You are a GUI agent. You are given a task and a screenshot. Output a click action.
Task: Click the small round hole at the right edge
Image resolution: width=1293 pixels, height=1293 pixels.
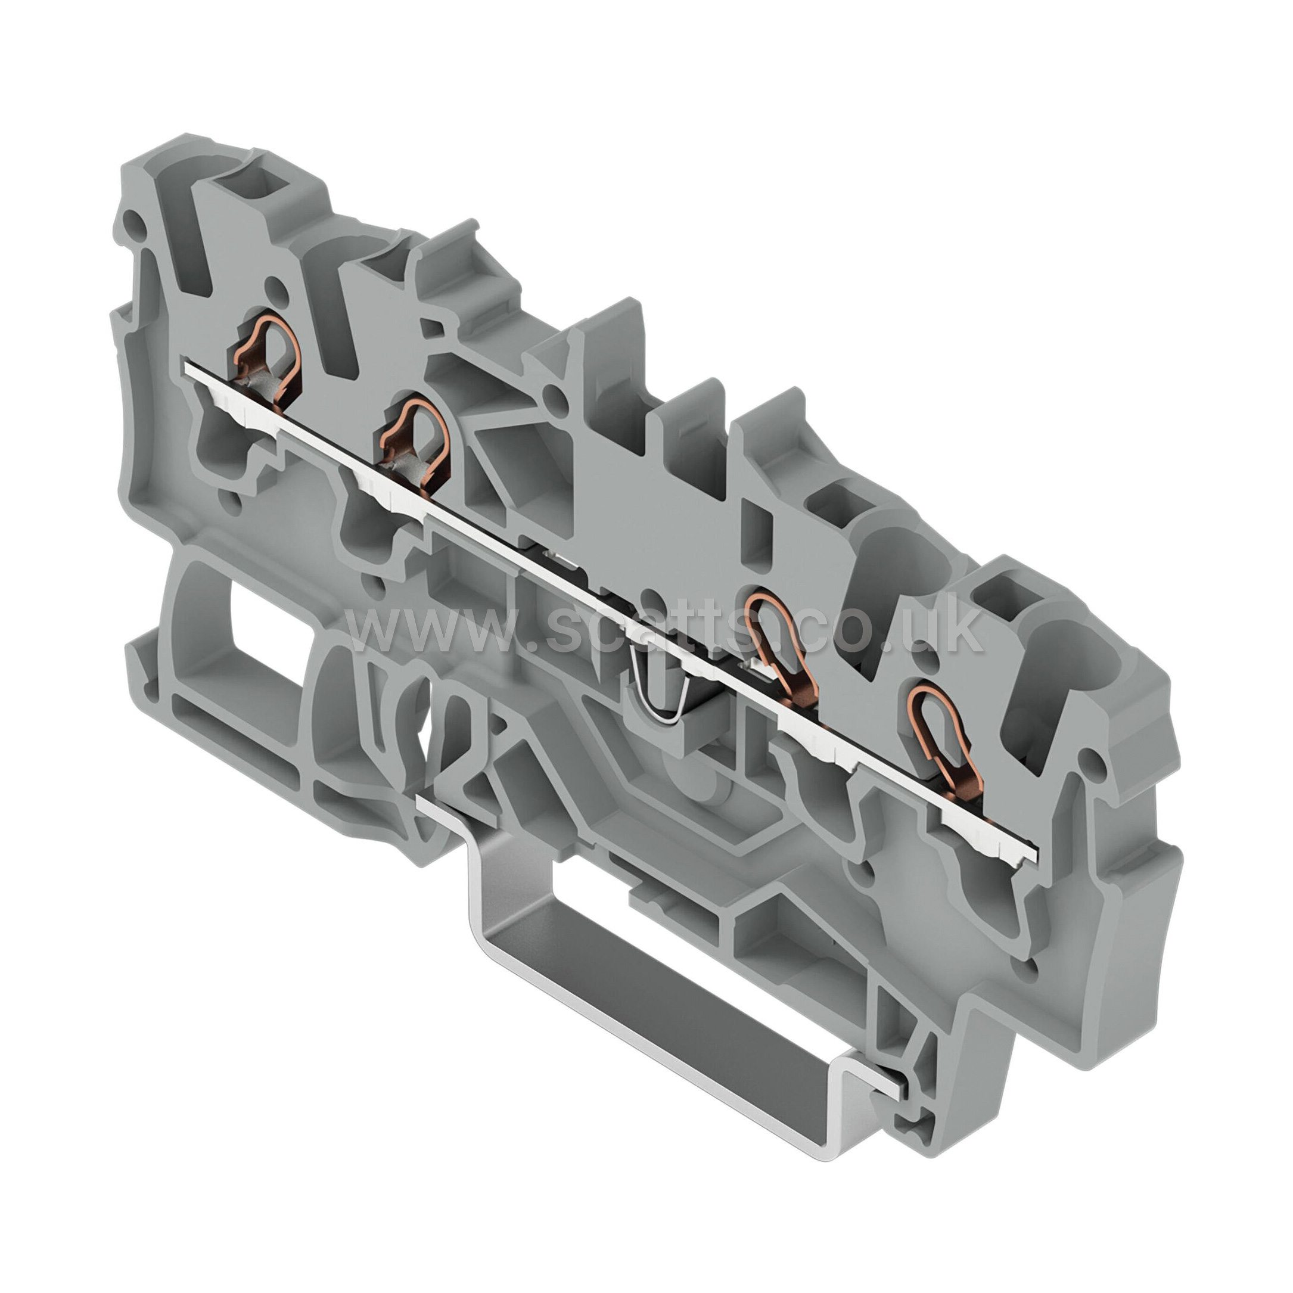pos(1092,759)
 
